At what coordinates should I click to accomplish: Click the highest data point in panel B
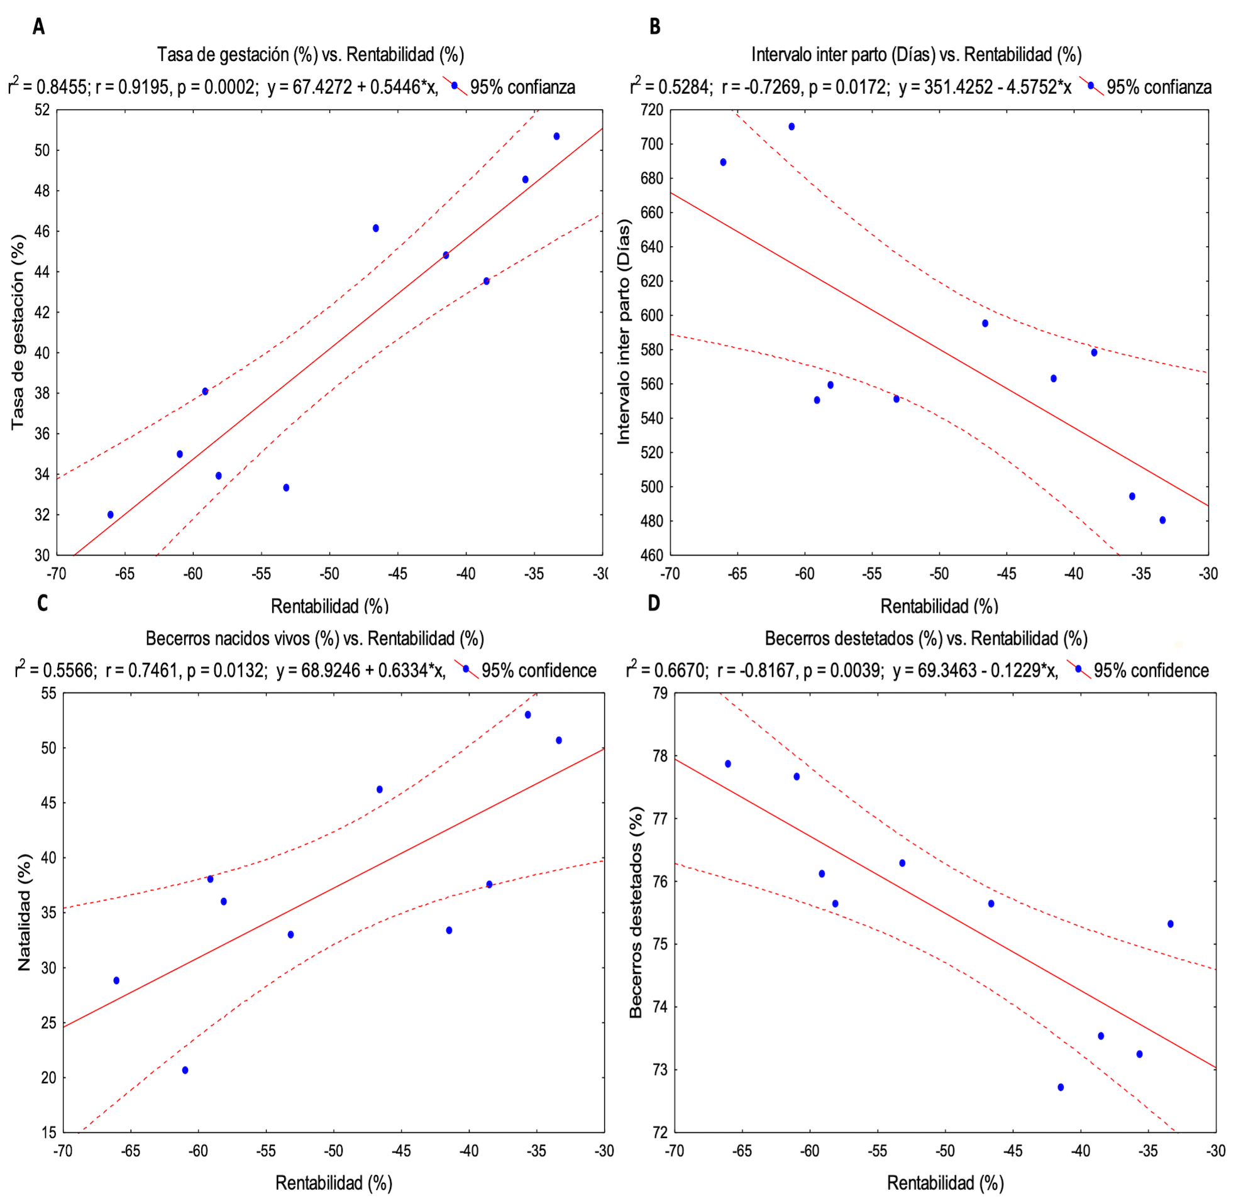coord(792,126)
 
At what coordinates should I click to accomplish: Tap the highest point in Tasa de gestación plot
coord(556,136)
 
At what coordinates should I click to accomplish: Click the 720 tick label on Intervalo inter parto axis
coord(651,110)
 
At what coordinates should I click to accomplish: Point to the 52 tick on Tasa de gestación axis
coord(41,110)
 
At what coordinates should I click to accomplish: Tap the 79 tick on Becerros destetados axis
coord(659,694)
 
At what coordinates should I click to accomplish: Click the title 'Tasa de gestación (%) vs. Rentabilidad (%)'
coord(311,55)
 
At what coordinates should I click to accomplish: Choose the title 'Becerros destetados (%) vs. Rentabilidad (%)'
coord(926,638)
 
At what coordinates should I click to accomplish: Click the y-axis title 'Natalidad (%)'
coord(24,912)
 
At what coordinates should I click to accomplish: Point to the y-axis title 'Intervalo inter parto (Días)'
coord(624,332)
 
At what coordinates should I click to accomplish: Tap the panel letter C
coord(42,603)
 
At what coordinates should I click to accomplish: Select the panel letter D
coord(653,603)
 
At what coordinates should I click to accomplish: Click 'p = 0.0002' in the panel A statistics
coord(218,87)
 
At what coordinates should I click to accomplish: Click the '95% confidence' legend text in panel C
coord(539,670)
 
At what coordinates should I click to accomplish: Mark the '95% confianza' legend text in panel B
coord(1159,87)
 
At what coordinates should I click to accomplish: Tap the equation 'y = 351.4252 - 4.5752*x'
coord(985,87)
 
